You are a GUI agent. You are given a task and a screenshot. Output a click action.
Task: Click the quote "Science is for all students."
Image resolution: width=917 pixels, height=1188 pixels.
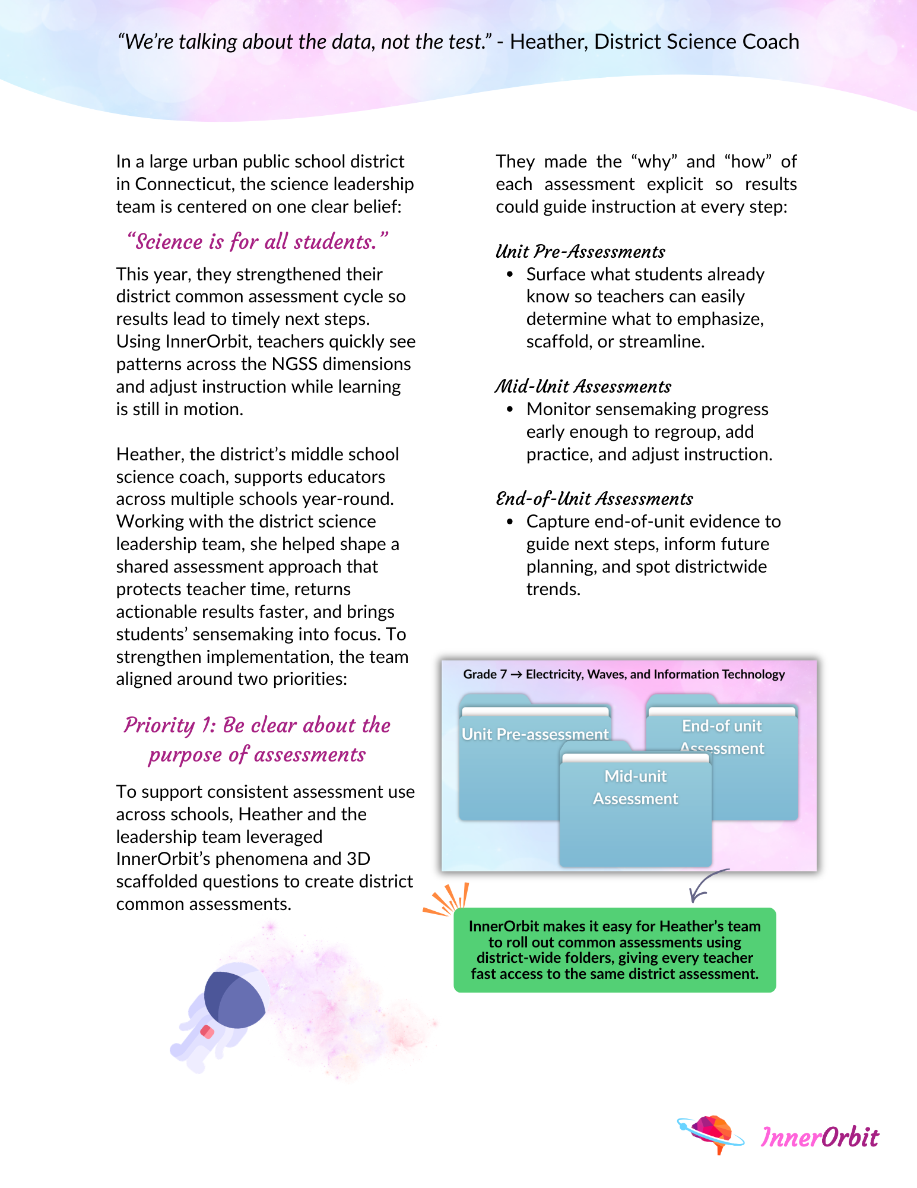click(258, 242)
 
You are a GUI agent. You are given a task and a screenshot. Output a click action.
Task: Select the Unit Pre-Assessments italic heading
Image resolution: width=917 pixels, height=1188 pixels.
click(580, 252)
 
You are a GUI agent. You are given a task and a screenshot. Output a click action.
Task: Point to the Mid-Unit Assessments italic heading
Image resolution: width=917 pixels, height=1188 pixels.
click(583, 387)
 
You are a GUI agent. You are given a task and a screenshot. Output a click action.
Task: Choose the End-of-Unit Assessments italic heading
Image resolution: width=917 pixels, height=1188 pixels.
click(594, 499)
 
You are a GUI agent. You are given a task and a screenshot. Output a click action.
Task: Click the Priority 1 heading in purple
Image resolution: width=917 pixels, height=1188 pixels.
click(257, 740)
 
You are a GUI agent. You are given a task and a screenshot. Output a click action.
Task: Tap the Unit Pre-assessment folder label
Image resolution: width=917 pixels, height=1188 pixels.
click(535, 735)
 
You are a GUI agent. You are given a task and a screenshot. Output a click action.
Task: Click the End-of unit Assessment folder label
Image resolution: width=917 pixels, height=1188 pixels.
click(722, 737)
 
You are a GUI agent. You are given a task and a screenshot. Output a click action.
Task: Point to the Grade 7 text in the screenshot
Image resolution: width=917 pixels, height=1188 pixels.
click(484, 674)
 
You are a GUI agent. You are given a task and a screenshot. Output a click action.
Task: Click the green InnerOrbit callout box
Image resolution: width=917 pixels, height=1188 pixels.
click(614, 950)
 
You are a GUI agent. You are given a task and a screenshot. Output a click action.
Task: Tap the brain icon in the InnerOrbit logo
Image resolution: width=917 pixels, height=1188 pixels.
click(711, 1132)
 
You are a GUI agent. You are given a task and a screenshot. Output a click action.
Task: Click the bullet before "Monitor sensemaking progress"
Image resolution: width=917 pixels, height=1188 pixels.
click(509, 409)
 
